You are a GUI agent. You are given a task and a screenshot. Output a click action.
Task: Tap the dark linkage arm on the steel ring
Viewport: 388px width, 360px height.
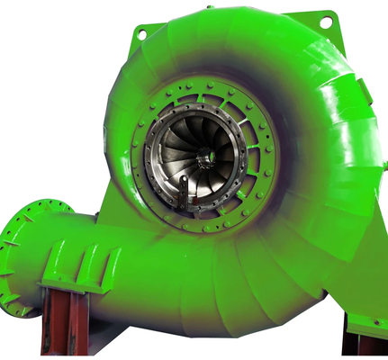tap(182, 192)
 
